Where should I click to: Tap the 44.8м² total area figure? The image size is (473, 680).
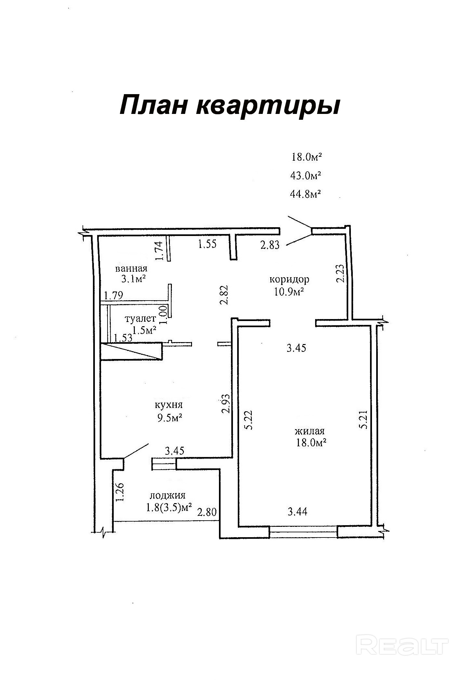[305, 194]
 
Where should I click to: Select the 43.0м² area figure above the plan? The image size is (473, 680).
[305, 176]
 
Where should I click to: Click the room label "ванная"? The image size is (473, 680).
[131, 268]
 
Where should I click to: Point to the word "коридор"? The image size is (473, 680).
[289, 279]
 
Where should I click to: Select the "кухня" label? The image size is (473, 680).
[169, 405]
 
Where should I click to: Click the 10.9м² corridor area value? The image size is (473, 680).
[289, 291]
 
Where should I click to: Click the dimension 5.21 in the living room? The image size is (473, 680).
[364, 420]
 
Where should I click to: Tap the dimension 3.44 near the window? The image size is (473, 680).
[298, 512]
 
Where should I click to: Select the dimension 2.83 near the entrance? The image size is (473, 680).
[270, 245]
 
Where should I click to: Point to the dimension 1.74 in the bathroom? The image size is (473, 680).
[159, 251]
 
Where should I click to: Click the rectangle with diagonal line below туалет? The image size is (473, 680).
[131, 351]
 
